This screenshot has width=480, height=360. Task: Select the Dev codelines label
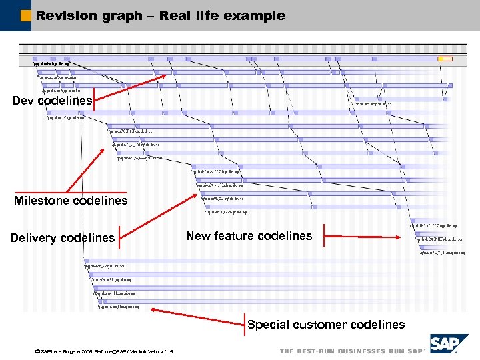(x=52, y=101)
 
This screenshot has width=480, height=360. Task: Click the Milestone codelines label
(x=71, y=201)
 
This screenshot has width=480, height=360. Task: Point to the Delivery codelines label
(x=62, y=238)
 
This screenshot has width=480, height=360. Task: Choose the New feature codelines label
(x=249, y=236)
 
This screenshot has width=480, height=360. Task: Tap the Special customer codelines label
(x=326, y=325)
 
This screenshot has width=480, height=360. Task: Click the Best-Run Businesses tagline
(x=352, y=351)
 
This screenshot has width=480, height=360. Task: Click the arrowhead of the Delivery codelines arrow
(x=203, y=193)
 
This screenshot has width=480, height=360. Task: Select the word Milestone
(x=42, y=201)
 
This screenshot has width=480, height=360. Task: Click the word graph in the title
(x=125, y=15)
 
